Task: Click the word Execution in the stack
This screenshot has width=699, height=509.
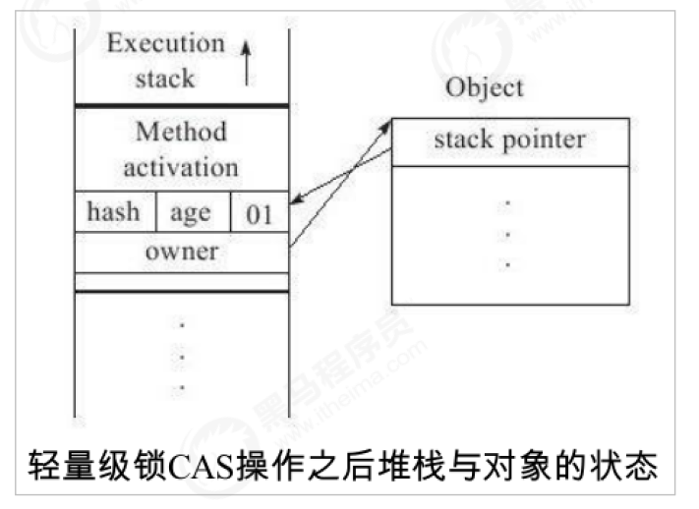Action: coord(165,43)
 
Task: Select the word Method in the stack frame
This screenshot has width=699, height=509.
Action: coord(181,131)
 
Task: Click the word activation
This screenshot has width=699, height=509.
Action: coord(181,166)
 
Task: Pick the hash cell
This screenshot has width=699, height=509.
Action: coord(113,211)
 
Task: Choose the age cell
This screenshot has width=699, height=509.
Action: coord(190,211)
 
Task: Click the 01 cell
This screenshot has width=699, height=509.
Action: coord(260,213)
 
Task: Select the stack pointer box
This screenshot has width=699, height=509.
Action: coord(509,141)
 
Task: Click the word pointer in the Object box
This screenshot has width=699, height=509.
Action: coord(543,141)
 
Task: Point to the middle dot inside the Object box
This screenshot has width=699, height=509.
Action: coord(508,235)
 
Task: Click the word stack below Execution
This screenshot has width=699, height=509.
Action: coord(165,79)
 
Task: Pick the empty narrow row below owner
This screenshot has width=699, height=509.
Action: coord(181,282)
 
